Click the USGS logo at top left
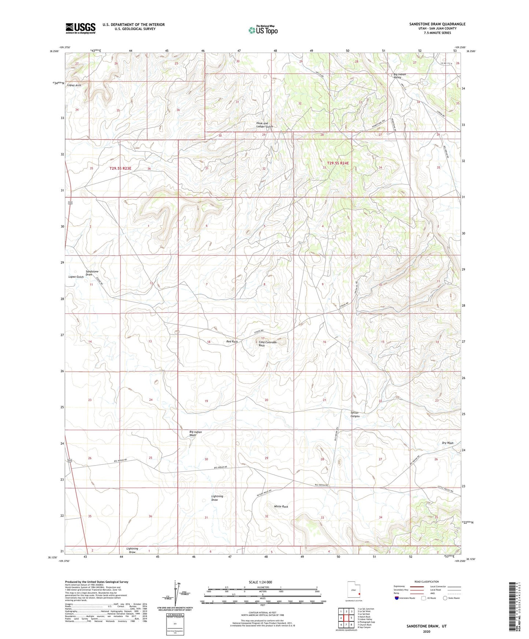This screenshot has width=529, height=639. click(81, 28)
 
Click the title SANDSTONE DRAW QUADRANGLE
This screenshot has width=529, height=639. click(437, 24)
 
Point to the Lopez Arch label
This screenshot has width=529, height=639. click(74, 85)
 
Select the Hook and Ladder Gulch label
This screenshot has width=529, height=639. click(264, 125)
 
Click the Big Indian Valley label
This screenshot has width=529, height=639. click(400, 76)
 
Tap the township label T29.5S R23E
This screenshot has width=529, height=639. click(120, 168)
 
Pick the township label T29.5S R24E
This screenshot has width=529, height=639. click(338, 163)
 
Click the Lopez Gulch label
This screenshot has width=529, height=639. click(76, 277)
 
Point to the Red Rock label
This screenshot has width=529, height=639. click(232, 341)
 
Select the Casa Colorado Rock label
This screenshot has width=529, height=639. click(268, 344)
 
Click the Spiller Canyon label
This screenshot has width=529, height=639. click(355, 414)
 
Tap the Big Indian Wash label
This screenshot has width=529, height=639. click(195, 434)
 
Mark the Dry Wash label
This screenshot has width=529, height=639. click(447, 443)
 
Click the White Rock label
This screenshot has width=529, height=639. click(281, 507)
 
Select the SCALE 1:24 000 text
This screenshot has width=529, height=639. click(260, 582)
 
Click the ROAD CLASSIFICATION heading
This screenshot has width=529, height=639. click(426, 582)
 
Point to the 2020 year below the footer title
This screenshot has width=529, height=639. click(426, 631)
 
